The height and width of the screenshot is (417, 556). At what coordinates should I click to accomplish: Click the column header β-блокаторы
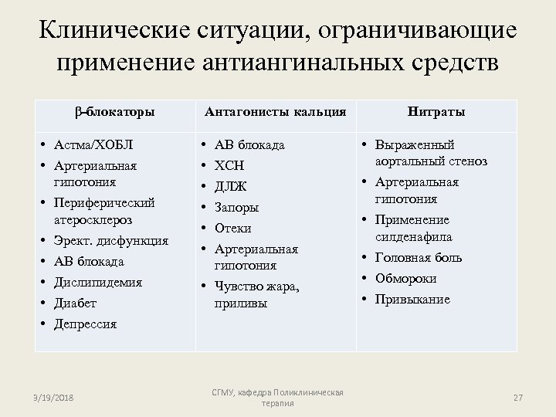[116, 111]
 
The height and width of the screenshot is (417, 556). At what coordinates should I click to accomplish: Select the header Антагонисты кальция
[275, 111]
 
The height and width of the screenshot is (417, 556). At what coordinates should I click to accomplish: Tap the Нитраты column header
[436, 111]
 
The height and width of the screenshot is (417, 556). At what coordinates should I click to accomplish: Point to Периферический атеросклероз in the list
[103, 211]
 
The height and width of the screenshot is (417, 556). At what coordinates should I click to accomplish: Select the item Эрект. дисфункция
[110, 241]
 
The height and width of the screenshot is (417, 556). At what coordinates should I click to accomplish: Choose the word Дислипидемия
[97, 283]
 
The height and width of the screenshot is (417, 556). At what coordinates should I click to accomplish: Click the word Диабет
[75, 303]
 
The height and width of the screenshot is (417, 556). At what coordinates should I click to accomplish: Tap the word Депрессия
[85, 324]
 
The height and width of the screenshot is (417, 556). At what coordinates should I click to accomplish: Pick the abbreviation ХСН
[229, 165]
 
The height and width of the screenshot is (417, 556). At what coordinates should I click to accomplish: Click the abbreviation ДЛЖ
[231, 186]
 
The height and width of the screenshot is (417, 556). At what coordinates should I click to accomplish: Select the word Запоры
[236, 207]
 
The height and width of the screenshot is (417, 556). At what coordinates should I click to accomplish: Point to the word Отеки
[233, 228]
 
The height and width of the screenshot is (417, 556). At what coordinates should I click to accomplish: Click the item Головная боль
[417, 257]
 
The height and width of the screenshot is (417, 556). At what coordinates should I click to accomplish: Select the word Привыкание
[412, 299]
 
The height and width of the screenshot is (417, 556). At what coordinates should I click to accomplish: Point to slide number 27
[518, 397]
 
